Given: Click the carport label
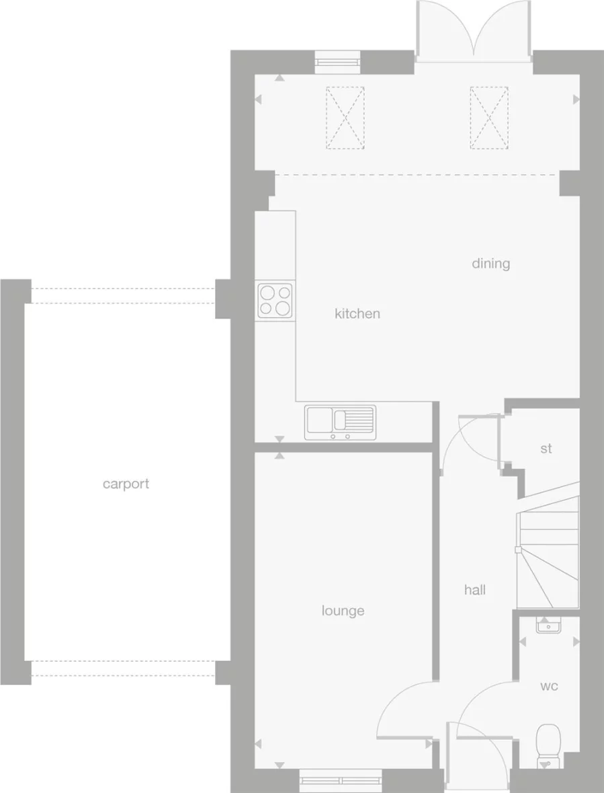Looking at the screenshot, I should point(126,484).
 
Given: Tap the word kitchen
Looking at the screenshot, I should point(357,313).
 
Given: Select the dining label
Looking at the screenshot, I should point(490,263).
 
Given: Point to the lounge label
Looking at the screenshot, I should point(343,611).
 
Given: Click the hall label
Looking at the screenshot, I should point(475,590).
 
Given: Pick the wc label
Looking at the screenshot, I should point(549,687).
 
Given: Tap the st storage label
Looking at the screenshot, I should point(546,448).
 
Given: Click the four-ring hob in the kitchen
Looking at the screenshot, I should point(275,300).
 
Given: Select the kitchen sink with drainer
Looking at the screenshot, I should point(340,422).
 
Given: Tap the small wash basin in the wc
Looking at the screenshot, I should point(549,626).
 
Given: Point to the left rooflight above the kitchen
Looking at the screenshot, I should point(345,118).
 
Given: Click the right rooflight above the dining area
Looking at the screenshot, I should point(488,118).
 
